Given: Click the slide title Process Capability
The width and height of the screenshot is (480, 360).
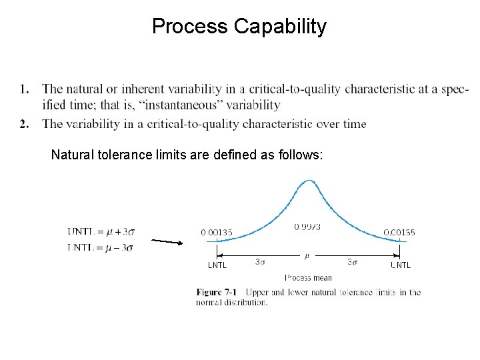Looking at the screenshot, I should pos(239,27).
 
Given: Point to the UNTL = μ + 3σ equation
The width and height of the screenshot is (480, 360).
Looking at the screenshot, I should pos(101,232).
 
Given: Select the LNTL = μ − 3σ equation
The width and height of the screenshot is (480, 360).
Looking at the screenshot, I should pos(101,247).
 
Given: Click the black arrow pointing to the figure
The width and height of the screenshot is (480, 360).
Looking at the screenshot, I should pos(167,241).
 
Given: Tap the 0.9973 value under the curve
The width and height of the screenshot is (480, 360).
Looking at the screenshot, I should pos(307,227).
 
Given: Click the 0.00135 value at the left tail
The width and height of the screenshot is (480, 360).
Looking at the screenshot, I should pos(217,233).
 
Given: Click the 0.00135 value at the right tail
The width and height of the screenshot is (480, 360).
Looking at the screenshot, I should pos(399,233).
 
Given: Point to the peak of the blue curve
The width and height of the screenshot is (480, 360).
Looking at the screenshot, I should pos(308,181).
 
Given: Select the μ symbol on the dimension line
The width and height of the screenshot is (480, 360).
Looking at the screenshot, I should pos(307,255).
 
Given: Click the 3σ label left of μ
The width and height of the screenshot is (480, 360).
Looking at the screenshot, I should pos(261,262).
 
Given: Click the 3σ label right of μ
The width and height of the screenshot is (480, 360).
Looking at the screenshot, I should pos(353,262).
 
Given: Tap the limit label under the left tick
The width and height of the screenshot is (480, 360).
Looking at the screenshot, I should pos(217,265).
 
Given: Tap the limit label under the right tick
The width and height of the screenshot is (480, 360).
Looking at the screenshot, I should pos(400,265).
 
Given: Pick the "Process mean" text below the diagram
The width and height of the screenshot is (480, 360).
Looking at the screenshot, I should pos(308,277).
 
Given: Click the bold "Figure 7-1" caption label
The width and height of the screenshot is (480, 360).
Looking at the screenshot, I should pos(216,292).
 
